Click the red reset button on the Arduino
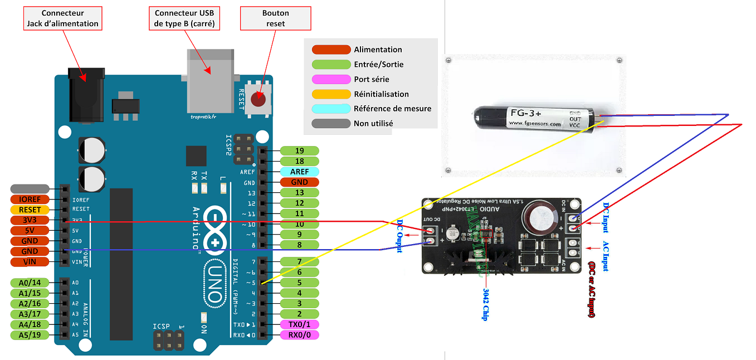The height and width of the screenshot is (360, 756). tap(258, 100)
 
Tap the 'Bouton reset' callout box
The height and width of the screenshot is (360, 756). tap(275, 18)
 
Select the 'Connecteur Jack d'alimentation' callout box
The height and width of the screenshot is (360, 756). tap(62, 18)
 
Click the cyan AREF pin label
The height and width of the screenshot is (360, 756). tap(299, 172)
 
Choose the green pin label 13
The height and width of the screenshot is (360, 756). tap(299, 193)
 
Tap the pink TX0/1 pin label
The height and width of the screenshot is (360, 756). tap(299, 324)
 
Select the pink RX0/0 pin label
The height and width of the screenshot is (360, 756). tap(299, 335)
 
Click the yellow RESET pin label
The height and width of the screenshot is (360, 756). tap(30, 210)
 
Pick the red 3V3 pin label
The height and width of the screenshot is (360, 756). tap(30, 220)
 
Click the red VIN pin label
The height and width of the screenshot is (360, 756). tap(30, 262)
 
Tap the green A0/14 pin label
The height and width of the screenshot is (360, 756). tap(30, 283)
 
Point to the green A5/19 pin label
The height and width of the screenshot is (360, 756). tap(30, 335)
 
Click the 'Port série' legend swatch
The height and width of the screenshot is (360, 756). tap(331, 79)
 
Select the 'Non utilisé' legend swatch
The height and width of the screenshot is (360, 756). tap(331, 123)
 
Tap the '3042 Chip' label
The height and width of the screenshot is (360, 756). tap(485, 304)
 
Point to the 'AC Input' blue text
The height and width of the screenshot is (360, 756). tap(606, 256)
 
